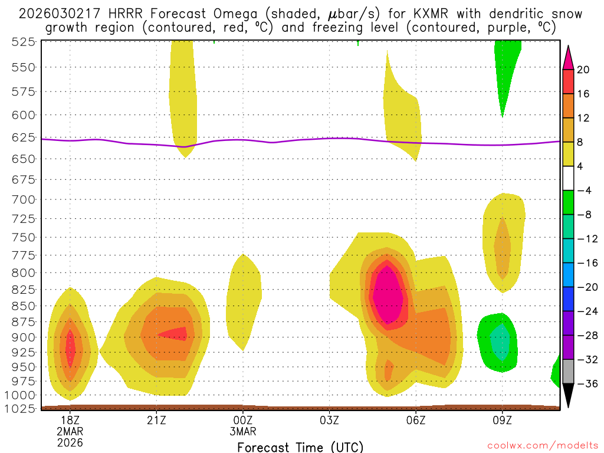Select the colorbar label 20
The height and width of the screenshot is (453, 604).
583,70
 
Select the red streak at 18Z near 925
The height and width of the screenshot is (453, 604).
71,348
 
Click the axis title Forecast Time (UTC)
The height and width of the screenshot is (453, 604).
300,447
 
